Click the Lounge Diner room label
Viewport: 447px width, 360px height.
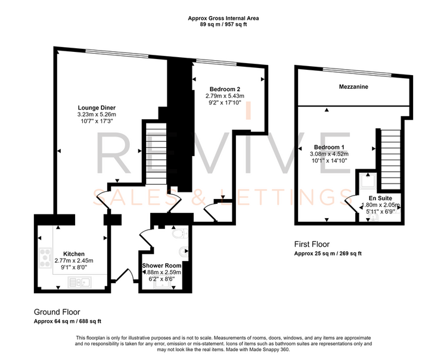[97, 108]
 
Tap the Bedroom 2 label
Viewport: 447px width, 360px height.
[225, 89]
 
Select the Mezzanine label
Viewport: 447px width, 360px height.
[353, 86]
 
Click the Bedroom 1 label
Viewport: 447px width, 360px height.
[329, 147]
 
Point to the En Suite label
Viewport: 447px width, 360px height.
[380, 198]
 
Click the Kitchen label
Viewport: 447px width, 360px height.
[74, 254]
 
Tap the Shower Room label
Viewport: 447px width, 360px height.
[162, 266]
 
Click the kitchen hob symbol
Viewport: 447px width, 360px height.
[45, 258]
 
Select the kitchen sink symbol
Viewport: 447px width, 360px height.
[80, 282]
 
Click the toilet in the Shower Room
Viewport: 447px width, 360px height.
[180, 234]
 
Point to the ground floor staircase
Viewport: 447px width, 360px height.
[156, 154]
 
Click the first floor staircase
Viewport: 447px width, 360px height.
[390, 159]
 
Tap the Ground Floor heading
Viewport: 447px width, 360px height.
[57, 312]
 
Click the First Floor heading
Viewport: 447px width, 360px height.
[312, 244]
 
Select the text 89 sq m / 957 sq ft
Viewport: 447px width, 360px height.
[223, 24]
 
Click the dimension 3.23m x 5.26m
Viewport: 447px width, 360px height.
[97, 114]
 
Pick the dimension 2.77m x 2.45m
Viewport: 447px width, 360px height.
[74, 260]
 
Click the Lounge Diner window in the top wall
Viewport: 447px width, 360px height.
[117, 53]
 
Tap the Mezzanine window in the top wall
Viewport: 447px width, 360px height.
[357, 72]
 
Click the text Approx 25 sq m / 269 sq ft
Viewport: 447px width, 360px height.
[328, 253]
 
